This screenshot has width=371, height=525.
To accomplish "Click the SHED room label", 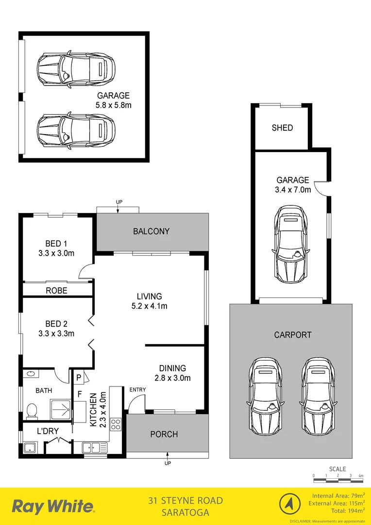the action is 282,128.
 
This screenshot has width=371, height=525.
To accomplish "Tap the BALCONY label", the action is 152,231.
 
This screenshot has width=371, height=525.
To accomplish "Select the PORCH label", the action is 164,434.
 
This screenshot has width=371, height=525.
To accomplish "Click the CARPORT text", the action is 292,335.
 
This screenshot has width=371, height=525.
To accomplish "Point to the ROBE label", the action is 56,291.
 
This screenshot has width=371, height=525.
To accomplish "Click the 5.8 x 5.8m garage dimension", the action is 113,105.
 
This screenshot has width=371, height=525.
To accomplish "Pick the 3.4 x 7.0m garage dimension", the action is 293,190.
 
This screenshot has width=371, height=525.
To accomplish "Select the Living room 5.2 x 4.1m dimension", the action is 149,306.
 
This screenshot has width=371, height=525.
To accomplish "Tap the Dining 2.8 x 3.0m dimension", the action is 172,378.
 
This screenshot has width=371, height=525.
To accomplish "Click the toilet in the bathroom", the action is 32,411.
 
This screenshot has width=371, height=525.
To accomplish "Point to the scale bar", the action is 338,480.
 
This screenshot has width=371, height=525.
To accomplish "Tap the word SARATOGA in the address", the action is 185,512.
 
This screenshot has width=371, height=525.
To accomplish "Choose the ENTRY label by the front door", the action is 137,389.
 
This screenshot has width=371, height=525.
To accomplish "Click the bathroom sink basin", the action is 32,375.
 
